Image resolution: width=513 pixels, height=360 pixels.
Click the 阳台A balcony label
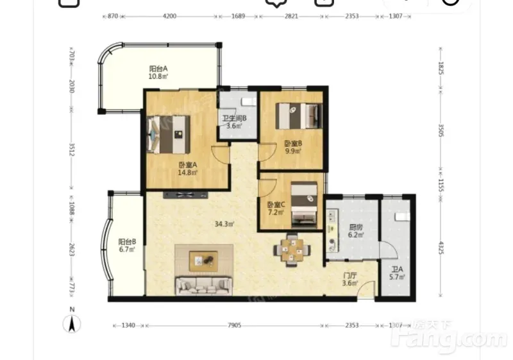[158, 69]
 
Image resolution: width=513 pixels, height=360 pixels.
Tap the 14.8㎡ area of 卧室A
[187, 173]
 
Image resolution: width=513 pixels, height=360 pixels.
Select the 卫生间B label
[234, 118]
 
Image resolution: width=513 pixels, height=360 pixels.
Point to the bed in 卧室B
[299, 116]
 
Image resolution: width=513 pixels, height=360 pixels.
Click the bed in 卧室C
[304, 205]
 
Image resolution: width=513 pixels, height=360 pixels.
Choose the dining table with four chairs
[292, 250]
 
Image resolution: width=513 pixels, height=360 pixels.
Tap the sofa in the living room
[204, 286]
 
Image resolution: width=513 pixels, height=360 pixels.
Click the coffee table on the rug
[203, 261]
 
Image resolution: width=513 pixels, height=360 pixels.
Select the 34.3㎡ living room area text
[224, 224]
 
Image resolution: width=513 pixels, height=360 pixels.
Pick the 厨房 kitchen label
[356, 227]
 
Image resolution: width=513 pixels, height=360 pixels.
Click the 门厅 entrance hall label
[349, 275]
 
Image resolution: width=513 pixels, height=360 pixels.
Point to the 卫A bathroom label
[397, 270]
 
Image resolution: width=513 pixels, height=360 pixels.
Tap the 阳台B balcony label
[127, 242]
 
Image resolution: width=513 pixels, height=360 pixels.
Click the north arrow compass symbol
[72, 323]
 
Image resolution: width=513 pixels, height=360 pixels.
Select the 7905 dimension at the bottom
[234, 325]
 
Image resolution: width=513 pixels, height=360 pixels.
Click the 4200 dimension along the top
[169, 16]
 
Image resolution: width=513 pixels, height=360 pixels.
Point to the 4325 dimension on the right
[441, 248]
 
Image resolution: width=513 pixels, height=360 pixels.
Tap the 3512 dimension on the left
[72, 150]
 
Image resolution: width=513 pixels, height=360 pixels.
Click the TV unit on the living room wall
[185, 195]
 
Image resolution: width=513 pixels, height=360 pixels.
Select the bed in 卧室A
[169, 134]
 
